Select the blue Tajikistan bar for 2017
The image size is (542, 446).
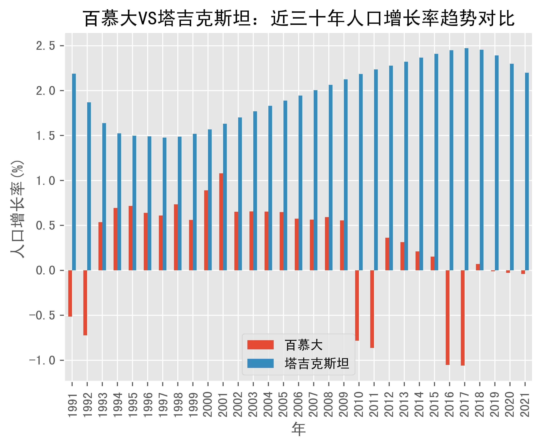point(466,159)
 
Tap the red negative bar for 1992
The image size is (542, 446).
point(85,303)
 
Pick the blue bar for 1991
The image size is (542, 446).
point(74,172)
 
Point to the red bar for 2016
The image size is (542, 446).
point(448,318)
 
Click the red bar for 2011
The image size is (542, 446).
point(372,309)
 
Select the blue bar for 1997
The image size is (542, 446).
point(165,204)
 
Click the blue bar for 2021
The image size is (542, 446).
point(527,172)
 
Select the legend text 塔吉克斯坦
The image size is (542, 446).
point(317,363)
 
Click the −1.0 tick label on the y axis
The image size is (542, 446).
point(42,360)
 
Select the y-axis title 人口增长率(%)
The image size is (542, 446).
point(17,209)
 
